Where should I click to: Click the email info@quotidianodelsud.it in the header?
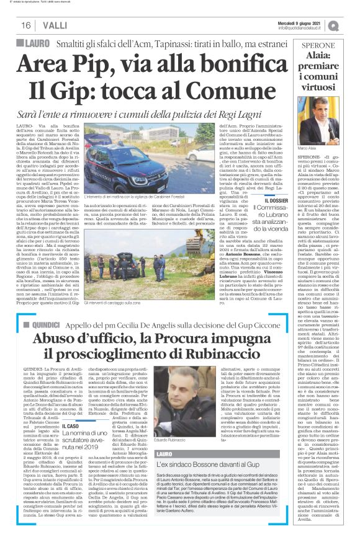(299, 28)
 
